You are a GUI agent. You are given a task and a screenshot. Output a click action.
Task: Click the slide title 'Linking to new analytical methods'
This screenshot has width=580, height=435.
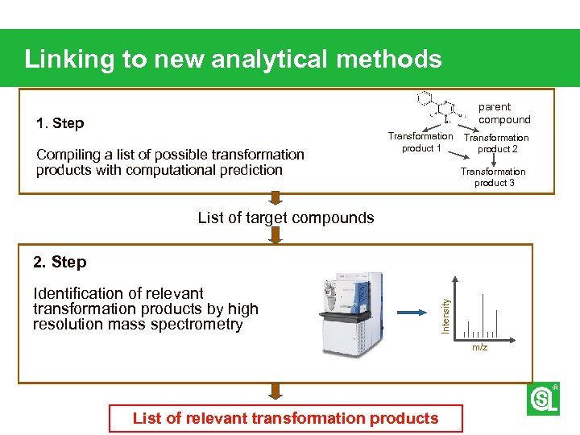233,59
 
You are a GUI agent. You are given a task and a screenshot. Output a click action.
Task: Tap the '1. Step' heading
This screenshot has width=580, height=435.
60,123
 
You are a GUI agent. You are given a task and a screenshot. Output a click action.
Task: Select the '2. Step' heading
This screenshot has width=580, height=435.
60,262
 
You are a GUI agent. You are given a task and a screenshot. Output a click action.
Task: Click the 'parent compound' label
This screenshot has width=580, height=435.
504,113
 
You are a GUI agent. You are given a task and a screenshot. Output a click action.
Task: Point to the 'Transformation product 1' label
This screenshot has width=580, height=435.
420,143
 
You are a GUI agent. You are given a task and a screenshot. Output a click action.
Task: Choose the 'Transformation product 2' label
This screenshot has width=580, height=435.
496,143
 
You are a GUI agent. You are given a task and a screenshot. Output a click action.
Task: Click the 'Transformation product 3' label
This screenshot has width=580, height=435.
493,177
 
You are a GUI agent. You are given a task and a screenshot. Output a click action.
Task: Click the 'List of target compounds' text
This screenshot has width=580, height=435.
286,217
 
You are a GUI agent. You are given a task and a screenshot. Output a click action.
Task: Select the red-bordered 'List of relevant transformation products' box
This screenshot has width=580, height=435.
286,418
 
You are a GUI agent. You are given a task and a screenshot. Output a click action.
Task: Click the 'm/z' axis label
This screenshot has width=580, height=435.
479,347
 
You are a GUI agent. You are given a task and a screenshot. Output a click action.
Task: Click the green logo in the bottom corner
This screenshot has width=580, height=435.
543,399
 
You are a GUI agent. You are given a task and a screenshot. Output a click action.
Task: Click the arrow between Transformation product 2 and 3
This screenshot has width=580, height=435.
494,159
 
